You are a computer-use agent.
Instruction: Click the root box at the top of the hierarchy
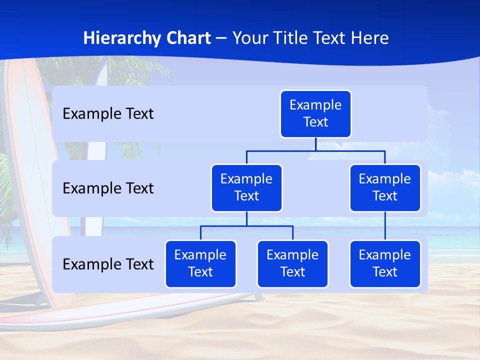click(315, 114)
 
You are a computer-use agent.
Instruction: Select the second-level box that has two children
click(246, 188)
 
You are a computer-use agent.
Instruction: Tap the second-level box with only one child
click(385, 188)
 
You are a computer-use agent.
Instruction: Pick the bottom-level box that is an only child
click(385, 264)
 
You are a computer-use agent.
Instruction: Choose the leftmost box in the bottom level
click(200, 264)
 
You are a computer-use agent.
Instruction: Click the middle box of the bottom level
click(292, 264)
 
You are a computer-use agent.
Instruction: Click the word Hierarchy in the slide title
click(122, 38)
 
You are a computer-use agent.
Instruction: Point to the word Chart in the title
click(188, 38)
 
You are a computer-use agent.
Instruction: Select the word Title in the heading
click(290, 38)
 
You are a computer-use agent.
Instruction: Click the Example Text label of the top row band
click(108, 114)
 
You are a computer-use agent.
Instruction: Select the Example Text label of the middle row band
click(108, 188)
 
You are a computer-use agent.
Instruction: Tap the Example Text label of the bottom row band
click(108, 264)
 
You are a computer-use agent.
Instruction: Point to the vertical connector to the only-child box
click(385, 226)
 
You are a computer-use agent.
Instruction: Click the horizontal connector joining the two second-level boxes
click(315, 150)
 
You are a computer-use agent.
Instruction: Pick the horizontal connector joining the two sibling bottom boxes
click(246, 226)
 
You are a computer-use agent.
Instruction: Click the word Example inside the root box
click(315, 105)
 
